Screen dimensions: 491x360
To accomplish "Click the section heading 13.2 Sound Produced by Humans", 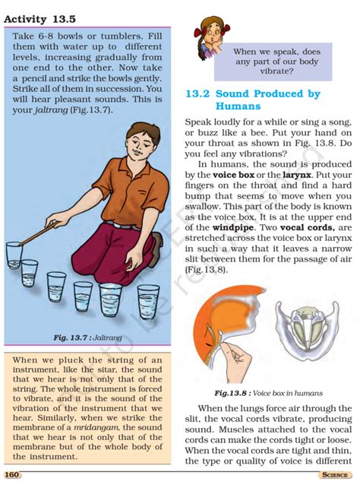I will click(252, 100).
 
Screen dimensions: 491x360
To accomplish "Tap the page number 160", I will click(12, 475).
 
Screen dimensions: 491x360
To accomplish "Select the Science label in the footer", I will click(333, 475).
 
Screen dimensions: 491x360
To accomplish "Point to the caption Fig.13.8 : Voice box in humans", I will click(268, 393).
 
